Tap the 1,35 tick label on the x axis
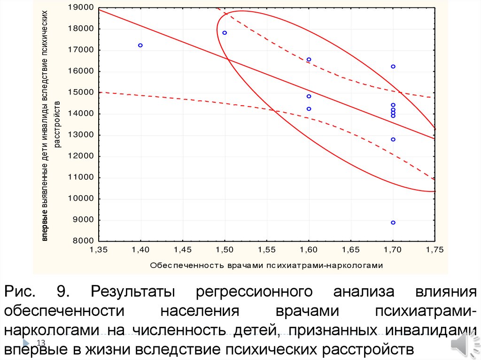98,250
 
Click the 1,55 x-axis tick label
266,250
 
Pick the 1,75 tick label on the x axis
434,250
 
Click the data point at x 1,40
140,46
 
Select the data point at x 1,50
225,33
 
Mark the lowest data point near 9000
393,222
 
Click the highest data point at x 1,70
393,67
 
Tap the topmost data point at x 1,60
309,60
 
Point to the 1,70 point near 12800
393,139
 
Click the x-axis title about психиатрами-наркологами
266,265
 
